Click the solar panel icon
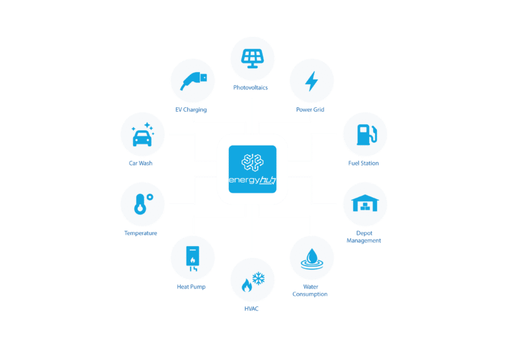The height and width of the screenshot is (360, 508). click(x=253, y=59)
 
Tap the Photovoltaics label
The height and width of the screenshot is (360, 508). click(x=251, y=87)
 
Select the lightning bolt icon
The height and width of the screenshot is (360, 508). click(x=312, y=81)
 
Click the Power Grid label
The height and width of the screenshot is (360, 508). click(x=310, y=110)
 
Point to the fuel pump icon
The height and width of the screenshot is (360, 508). click(x=366, y=134)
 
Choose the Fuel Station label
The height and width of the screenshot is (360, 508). click(x=364, y=163)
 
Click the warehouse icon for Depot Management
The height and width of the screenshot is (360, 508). click(x=365, y=203)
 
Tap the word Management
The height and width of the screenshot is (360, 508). click(x=364, y=240)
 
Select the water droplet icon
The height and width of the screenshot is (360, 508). click(x=312, y=259)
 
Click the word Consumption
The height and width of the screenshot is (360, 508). click(x=310, y=294)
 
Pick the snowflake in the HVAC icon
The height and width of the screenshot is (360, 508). click(x=259, y=279)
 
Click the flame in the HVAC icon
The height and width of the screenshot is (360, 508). click(x=247, y=285)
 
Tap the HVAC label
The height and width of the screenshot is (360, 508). click(x=251, y=309)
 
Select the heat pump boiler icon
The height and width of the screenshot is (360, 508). click(x=192, y=259)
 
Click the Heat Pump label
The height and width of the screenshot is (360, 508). click(x=191, y=287)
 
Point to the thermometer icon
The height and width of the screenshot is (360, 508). click(x=143, y=204)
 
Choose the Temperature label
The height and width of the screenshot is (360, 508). click(x=141, y=233)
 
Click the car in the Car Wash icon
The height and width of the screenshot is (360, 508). click(x=142, y=138)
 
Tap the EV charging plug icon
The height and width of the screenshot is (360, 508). click(x=193, y=81)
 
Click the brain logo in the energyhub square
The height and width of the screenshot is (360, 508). click(x=253, y=162)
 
